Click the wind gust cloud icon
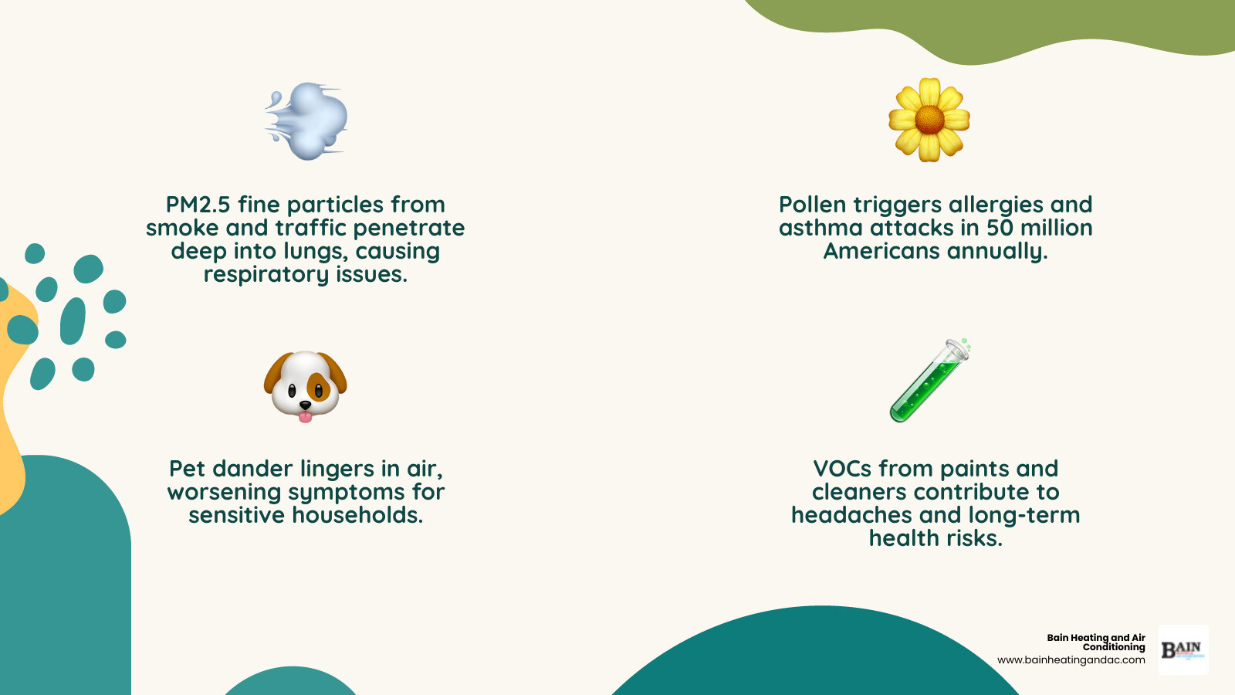tap(307, 121)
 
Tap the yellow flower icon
tap(929, 120)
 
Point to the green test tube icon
tap(929, 381)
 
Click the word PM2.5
tap(198, 205)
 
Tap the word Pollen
tap(813, 205)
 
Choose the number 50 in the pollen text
tap(1000, 228)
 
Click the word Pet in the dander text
tap(188, 469)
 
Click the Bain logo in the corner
tap(1183, 650)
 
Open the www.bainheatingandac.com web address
tap(1071, 660)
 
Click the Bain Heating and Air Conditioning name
tap(1097, 642)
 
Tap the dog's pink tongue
tap(306, 417)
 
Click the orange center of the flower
tap(929, 119)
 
